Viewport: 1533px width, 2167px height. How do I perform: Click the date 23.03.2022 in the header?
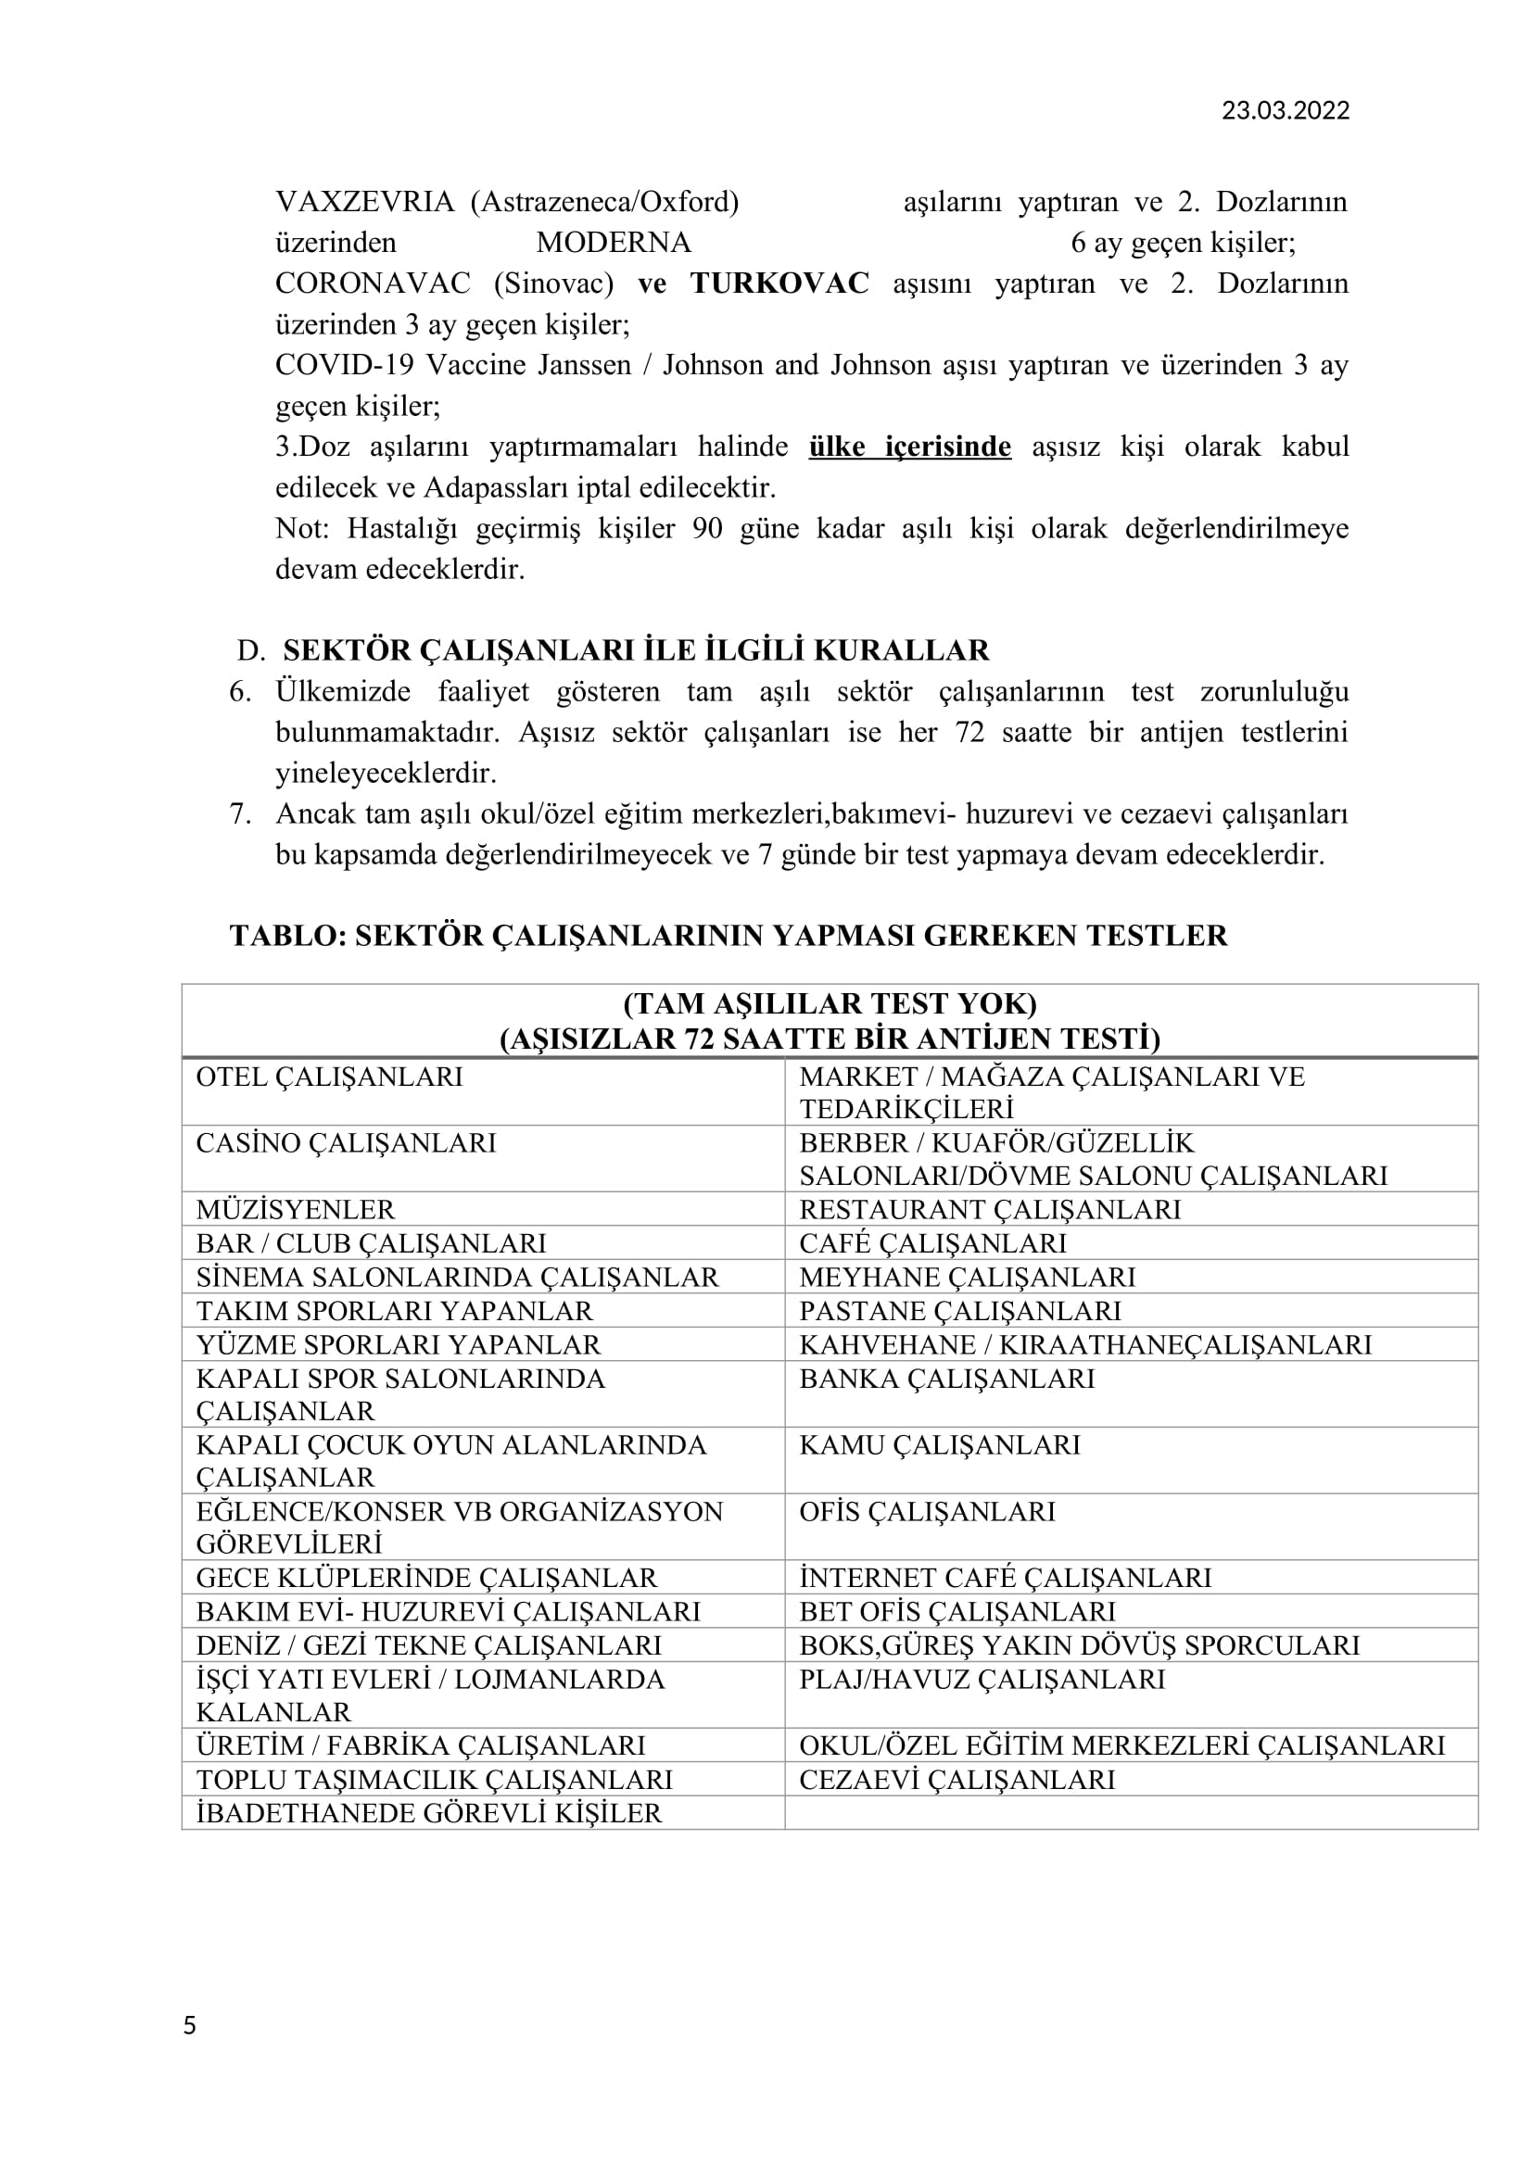[x=1285, y=111]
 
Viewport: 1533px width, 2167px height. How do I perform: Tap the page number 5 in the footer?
[x=190, y=2025]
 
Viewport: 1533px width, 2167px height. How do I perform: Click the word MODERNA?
[x=614, y=244]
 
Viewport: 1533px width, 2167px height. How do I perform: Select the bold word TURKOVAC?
[x=779, y=284]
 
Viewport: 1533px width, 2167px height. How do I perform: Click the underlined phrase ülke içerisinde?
[x=909, y=447]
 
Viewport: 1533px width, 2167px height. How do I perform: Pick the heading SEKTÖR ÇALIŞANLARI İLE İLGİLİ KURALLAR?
[x=635, y=651]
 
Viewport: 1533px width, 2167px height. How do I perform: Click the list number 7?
[x=240, y=814]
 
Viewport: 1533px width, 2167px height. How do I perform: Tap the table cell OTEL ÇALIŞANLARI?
[x=329, y=1077]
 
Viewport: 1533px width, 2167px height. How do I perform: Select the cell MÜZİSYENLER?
[x=296, y=1210]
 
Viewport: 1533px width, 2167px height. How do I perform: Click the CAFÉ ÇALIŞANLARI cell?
[x=932, y=1244]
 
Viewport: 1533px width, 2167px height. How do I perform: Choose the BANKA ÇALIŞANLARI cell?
[x=947, y=1379]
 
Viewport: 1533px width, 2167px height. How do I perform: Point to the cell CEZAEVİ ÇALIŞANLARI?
[x=957, y=1780]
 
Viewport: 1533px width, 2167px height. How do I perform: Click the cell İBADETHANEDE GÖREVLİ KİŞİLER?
[x=428, y=1813]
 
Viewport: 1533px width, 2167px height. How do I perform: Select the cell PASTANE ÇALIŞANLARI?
[x=960, y=1311]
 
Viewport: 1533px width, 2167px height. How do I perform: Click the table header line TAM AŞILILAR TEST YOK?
[x=830, y=1003]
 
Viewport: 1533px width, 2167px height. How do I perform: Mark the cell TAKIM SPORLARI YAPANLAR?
[x=395, y=1311]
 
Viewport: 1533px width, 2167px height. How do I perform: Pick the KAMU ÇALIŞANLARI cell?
[x=939, y=1445]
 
